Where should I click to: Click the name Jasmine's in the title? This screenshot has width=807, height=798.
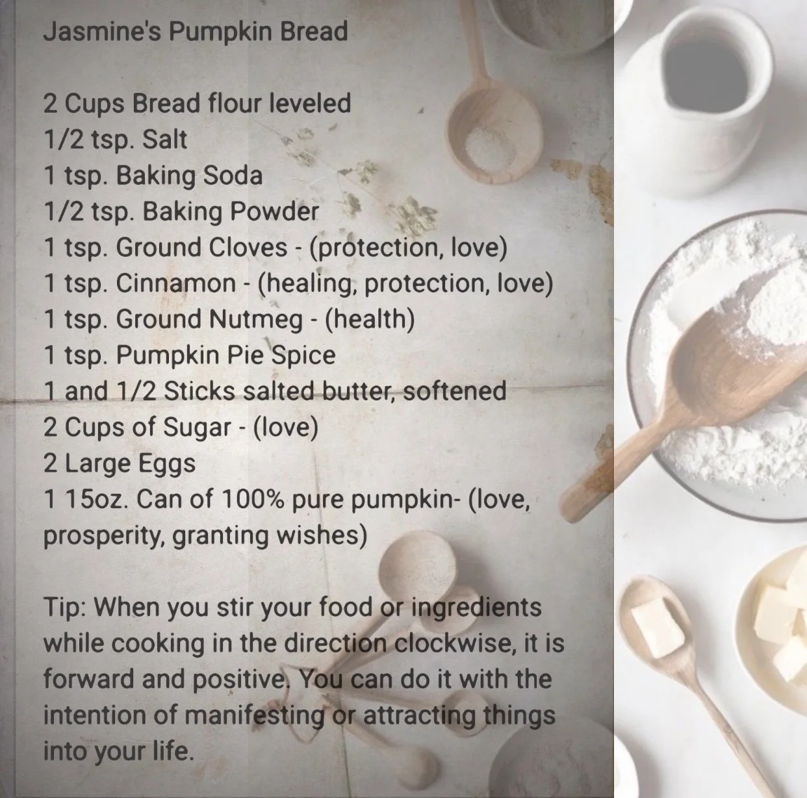pyautogui.click(x=102, y=31)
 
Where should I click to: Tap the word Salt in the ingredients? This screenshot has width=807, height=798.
pyautogui.click(x=164, y=139)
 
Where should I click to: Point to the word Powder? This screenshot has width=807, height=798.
pyautogui.click(x=274, y=211)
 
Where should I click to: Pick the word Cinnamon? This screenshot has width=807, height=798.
pyautogui.click(x=176, y=283)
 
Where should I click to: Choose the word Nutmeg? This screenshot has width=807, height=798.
pyautogui.click(x=255, y=319)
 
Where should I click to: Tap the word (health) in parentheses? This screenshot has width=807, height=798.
pyautogui.click(x=370, y=319)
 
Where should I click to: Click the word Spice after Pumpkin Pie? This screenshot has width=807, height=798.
pyautogui.click(x=303, y=355)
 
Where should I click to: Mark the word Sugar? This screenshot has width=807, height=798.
pyautogui.click(x=197, y=428)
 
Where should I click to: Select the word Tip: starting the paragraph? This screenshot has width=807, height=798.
pyautogui.click(x=66, y=607)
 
